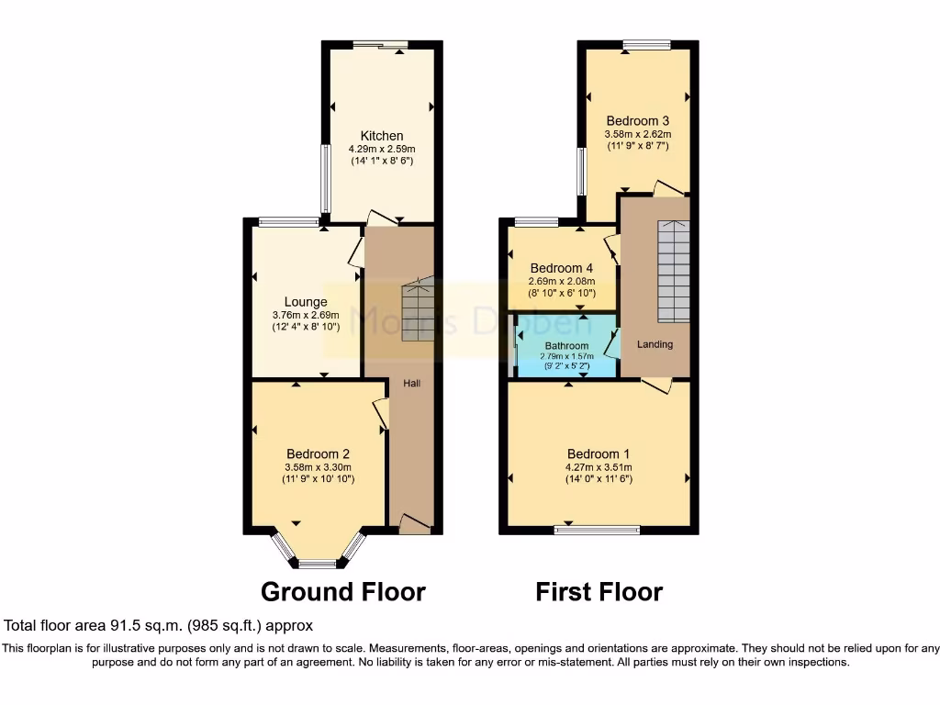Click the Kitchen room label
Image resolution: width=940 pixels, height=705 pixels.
(382, 136)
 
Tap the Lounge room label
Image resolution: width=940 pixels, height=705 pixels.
(306, 301)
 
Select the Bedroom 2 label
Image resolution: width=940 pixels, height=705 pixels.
(318, 453)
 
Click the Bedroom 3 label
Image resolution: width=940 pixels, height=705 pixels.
(637, 120)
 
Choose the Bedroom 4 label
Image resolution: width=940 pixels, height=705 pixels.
(562, 268)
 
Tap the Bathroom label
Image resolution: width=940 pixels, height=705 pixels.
(566, 346)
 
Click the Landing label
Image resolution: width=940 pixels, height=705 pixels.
(655, 344)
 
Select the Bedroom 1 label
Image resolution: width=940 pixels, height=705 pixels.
(599, 453)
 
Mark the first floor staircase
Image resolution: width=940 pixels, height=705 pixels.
(673, 270)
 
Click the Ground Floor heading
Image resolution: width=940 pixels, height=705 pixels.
(343, 591)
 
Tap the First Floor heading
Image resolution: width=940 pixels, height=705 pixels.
(599, 591)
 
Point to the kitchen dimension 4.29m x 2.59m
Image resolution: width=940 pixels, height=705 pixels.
(382, 150)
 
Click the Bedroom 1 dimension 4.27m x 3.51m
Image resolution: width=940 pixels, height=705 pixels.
(599, 466)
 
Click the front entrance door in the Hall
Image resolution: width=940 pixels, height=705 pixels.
(414, 526)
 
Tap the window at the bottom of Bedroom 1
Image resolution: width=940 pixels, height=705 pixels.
(598, 529)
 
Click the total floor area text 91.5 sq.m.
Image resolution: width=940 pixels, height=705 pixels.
(159, 626)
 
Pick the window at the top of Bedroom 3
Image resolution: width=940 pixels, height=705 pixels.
(646, 44)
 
